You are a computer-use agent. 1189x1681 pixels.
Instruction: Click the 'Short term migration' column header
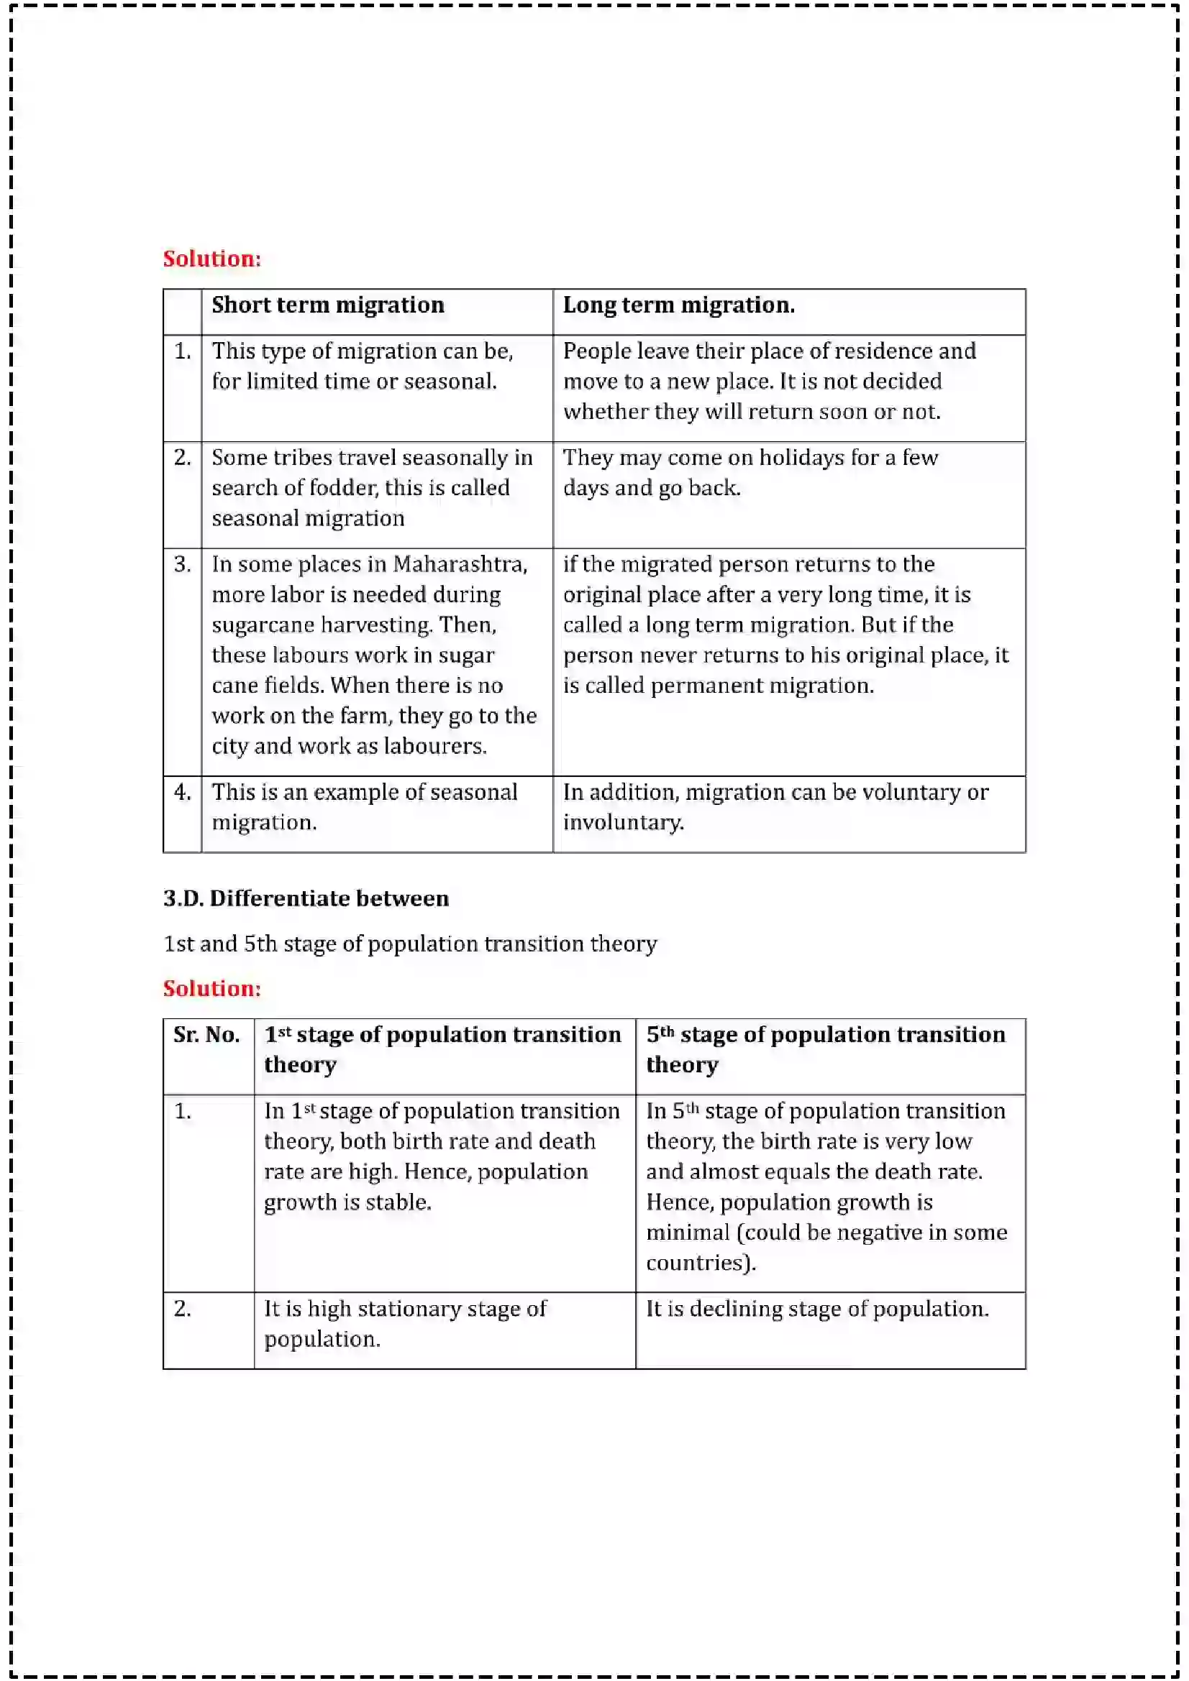(x=327, y=305)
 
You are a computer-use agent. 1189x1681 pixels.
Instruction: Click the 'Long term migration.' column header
(x=678, y=305)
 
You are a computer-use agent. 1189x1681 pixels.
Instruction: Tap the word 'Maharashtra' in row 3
(x=460, y=564)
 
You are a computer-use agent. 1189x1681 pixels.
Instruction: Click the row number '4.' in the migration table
(x=183, y=792)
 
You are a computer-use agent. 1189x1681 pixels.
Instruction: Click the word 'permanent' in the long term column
(x=706, y=686)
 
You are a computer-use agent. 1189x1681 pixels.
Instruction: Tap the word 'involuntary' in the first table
(x=623, y=823)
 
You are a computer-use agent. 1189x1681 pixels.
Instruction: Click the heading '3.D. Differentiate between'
(x=306, y=898)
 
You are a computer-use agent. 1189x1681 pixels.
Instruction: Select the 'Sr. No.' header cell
(x=206, y=1034)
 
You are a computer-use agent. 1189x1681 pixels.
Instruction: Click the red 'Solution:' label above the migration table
(x=211, y=259)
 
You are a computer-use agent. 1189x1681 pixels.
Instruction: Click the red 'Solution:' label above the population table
(x=211, y=988)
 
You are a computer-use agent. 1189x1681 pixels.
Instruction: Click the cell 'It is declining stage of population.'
(x=817, y=1308)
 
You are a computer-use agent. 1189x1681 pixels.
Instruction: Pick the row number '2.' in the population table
(x=183, y=1308)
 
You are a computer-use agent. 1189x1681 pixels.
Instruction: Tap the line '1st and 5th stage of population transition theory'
(x=409, y=944)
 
